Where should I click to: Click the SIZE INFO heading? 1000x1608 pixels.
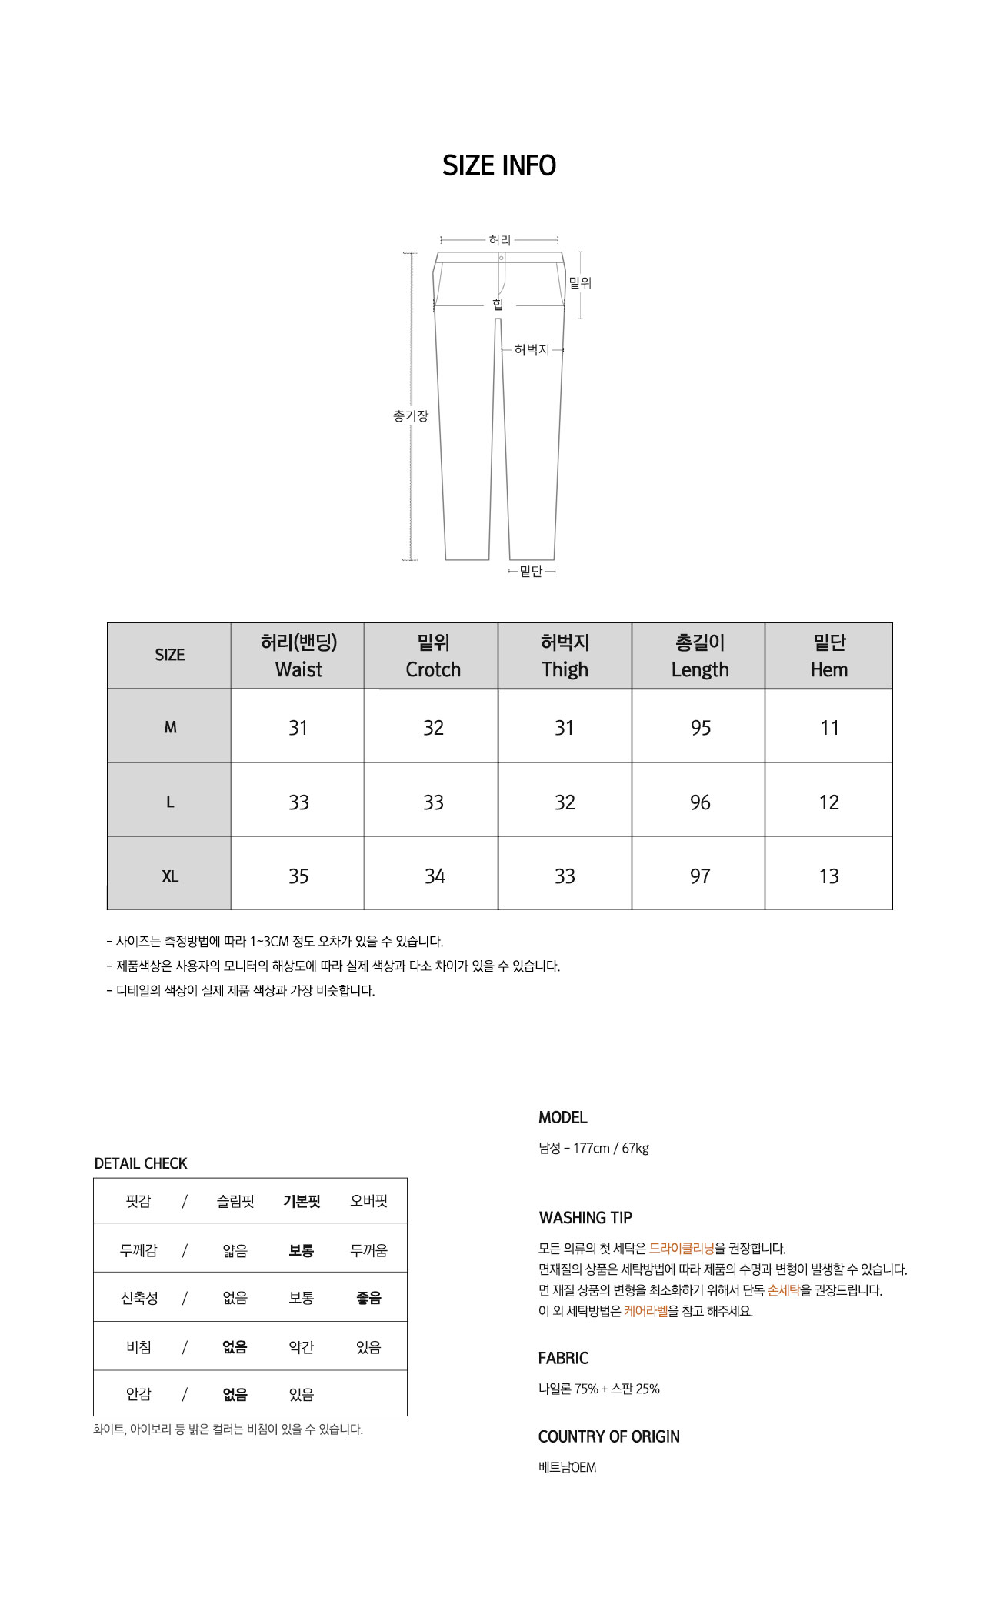(499, 165)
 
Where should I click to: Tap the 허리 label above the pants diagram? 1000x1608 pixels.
(499, 240)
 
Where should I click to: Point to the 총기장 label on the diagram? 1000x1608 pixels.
(410, 416)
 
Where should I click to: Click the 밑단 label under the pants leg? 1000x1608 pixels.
(531, 571)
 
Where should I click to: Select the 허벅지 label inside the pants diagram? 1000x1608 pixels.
(532, 350)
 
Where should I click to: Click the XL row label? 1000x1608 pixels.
(170, 876)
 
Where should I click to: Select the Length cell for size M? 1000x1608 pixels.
(700, 728)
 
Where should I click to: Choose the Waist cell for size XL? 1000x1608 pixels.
(298, 876)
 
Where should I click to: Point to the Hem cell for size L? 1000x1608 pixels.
(828, 802)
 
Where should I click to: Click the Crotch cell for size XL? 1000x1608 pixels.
(435, 876)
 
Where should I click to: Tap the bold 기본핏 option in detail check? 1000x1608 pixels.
(302, 1201)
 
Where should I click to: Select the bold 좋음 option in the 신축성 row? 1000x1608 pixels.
(368, 1298)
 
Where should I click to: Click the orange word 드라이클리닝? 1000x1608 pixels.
(682, 1249)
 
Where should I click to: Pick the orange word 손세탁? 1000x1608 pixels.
(784, 1290)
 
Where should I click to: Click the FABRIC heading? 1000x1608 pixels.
(563, 1359)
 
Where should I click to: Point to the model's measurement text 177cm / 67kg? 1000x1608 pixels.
(611, 1148)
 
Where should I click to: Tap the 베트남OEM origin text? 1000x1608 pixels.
(567, 1467)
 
